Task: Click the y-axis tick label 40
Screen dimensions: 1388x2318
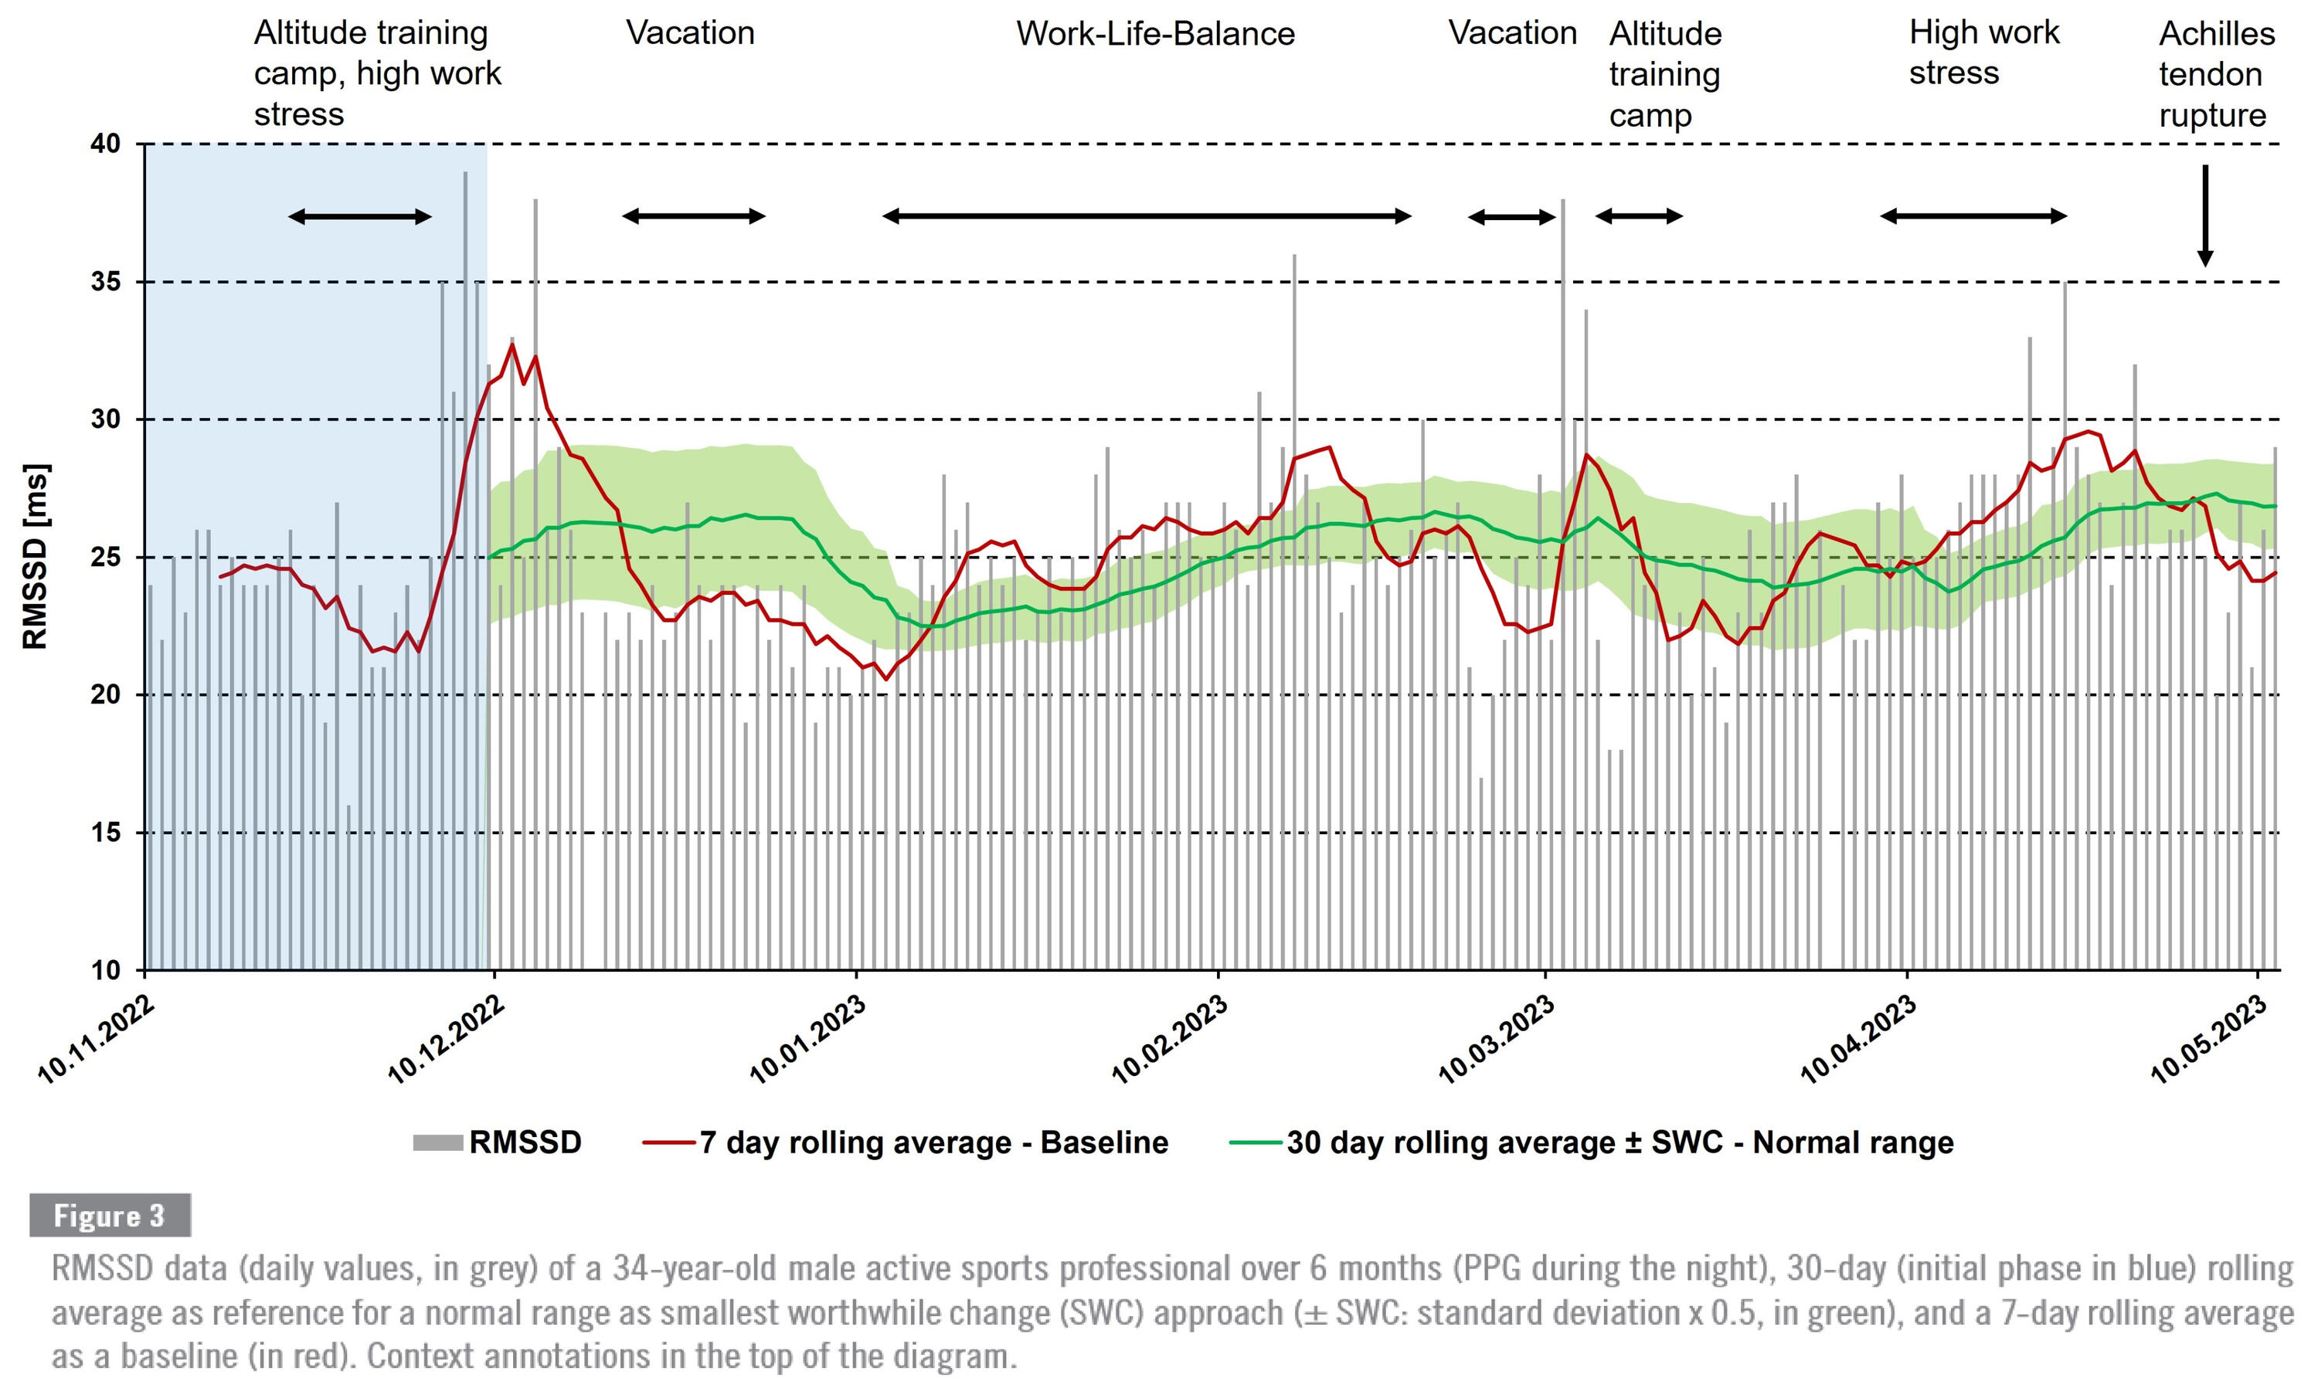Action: (106, 144)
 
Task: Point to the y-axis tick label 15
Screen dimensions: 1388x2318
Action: (106, 833)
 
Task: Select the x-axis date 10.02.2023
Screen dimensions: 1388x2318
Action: (1168, 1040)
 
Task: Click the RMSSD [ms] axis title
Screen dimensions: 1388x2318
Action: (36, 556)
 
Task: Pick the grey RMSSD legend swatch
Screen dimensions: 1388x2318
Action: (438, 1143)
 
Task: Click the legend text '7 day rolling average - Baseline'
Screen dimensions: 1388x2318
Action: (933, 1143)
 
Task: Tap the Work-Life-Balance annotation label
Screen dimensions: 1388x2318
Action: (1155, 34)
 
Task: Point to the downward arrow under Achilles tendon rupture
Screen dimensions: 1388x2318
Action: (2205, 215)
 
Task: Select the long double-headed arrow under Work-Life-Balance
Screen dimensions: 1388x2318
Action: (1147, 217)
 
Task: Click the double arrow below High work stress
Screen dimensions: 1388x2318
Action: (1973, 217)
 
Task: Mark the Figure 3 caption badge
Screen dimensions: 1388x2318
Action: (110, 1215)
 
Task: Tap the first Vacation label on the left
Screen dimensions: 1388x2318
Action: (690, 34)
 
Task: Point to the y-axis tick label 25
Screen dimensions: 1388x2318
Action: (106, 558)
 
